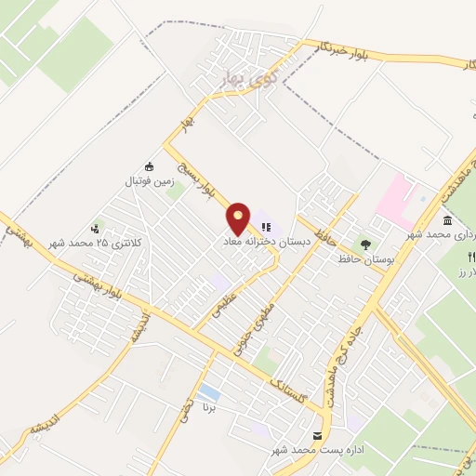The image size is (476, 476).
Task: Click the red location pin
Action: (x=240, y=218)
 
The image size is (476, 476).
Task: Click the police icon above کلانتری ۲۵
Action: (x=96, y=228)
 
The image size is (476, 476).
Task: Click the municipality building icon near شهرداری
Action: (x=448, y=220)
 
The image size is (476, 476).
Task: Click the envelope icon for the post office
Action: (x=318, y=435)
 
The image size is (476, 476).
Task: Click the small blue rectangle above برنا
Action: (x=210, y=391)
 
